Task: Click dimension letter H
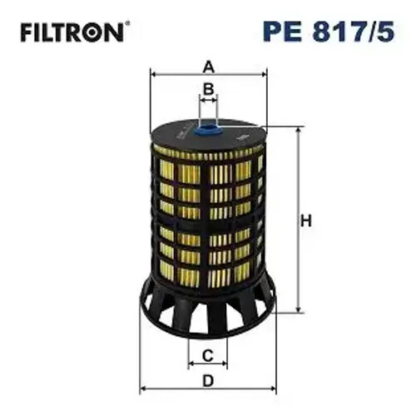point(305,221)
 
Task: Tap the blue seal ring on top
point(209,129)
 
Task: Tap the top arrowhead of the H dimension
point(295,131)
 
